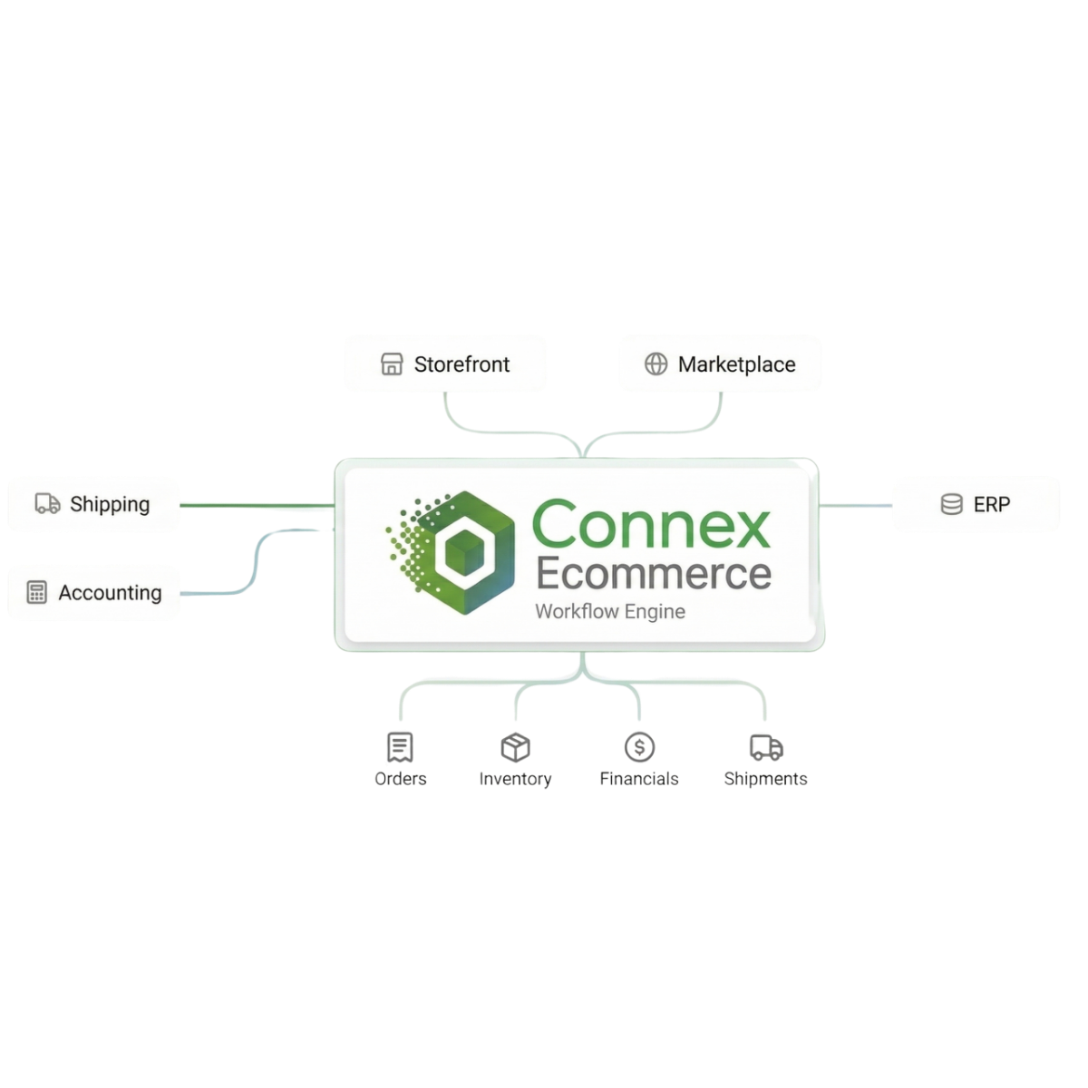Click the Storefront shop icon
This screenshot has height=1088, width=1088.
pos(391,364)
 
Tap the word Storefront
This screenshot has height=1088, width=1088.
pos(461,364)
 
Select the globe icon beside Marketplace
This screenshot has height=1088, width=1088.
pos(656,364)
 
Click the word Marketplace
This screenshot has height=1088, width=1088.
pos(736,364)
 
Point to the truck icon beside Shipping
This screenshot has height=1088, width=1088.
pos(47,503)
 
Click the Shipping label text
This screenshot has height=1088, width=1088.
pos(110,504)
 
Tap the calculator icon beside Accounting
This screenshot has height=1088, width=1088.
pos(36,593)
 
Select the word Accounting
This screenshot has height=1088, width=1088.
pos(110,593)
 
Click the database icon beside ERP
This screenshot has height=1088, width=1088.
pos(951,504)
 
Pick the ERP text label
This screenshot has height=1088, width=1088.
pos(991,504)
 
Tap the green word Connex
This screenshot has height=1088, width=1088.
pos(650,524)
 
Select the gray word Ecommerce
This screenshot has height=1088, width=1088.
pos(653,573)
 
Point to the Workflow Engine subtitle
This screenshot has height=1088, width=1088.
pos(609,612)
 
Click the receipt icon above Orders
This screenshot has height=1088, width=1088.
pos(400,747)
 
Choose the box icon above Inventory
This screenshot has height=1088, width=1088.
pos(515,747)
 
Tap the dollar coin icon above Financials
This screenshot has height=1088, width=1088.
pos(639,747)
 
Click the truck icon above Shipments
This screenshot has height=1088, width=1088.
pos(766,747)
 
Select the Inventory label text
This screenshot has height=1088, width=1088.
pos(515,779)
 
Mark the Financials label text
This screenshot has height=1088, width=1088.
pos(639,779)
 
